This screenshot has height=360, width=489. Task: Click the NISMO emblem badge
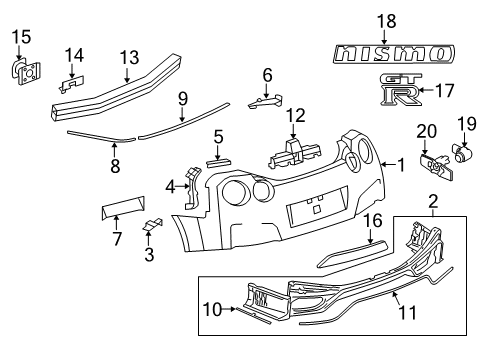(394, 54)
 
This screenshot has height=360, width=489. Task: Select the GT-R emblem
(401, 89)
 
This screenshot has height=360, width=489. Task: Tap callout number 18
(387, 21)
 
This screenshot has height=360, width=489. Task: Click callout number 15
(22, 37)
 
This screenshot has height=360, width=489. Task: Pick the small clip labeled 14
(72, 84)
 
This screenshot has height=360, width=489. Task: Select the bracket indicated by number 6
(266, 101)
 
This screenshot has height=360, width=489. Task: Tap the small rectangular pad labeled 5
(219, 162)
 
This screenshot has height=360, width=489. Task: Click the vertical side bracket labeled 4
(193, 188)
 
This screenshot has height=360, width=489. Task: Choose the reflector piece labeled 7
(123, 207)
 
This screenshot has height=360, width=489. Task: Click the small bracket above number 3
(153, 224)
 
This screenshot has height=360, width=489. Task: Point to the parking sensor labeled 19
(463, 152)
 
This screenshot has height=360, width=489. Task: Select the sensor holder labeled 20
(437, 166)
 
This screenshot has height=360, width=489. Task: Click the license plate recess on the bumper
(317, 208)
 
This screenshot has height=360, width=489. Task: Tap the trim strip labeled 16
(352, 253)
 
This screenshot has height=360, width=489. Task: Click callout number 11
(407, 312)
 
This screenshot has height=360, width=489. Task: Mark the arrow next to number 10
(229, 309)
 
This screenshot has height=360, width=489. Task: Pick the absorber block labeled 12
(294, 153)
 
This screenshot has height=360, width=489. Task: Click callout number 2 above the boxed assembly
(433, 202)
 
